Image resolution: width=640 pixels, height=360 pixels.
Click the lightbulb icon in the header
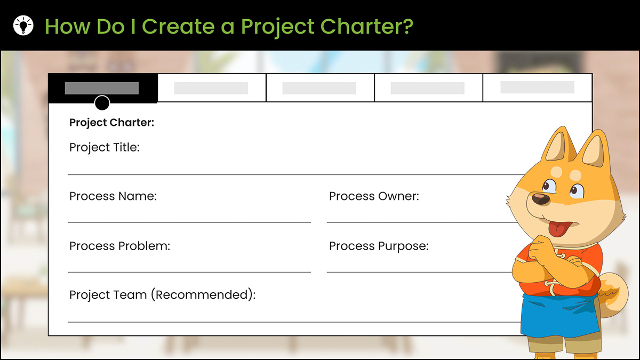pyautogui.click(x=23, y=26)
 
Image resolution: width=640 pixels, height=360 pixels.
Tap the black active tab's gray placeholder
pyautogui.click(x=102, y=88)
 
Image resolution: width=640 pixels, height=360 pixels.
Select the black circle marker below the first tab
pyautogui.click(x=102, y=103)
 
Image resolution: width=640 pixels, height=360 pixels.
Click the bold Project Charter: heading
pyautogui.click(x=111, y=123)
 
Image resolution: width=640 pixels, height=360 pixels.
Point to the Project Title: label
pyautogui.click(x=105, y=147)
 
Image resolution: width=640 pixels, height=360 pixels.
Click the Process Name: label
pyautogui.click(x=113, y=196)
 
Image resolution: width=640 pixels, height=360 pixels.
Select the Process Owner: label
pyautogui.click(x=374, y=196)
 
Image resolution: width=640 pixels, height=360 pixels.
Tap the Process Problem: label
pyautogui.click(x=119, y=246)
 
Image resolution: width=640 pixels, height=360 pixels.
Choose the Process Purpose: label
pyautogui.click(x=379, y=246)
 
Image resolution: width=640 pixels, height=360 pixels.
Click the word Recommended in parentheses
pyautogui.click(x=203, y=295)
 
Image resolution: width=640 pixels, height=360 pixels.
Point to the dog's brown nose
pyautogui.click(x=541, y=199)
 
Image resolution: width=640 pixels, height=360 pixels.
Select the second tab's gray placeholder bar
pyautogui.click(x=211, y=88)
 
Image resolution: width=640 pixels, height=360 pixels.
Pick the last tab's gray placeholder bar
pyautogui.click(x=537, y=87)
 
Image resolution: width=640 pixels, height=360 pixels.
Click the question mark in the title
pyautogui.click(x=407, y=26)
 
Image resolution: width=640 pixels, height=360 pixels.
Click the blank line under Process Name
pyautogui.click(x=189, y=222)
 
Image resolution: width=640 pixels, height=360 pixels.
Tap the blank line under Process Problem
pyautogui.click(x=189, y=273)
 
